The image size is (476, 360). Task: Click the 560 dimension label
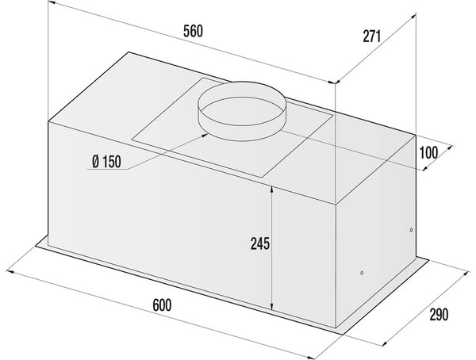[193, 32]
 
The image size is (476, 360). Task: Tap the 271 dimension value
[372, 36]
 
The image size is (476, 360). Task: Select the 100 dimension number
[428, 152]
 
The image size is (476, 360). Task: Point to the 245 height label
[260, 243]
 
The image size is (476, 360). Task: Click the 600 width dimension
[162, 305]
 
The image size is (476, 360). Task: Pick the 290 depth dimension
[439, 315]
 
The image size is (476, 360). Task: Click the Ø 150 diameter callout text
[106, 162]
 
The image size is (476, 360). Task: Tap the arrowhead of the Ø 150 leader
[205, 135]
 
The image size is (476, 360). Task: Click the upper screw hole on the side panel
[411, 230]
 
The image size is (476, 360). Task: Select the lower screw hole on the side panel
[362, 273]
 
